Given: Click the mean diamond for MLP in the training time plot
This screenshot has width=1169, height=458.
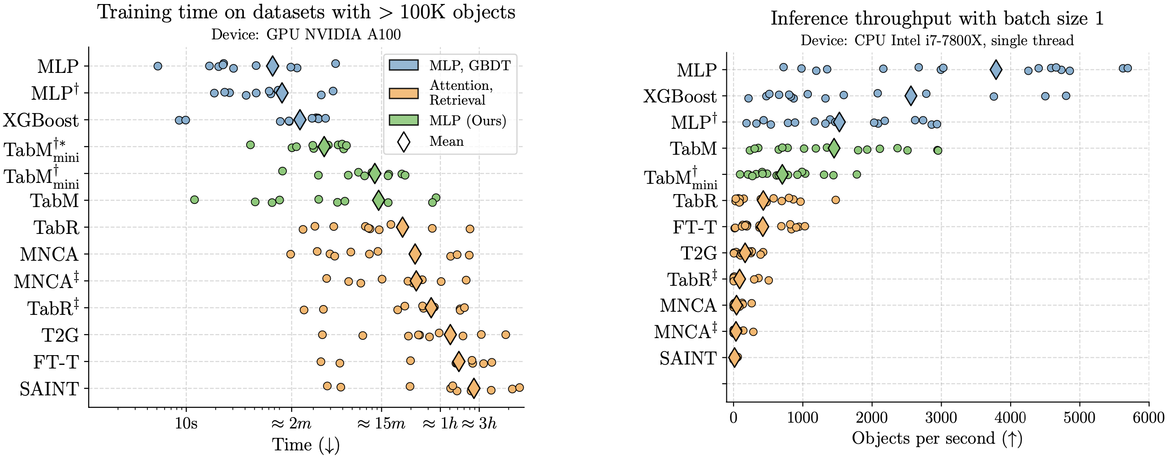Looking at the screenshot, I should pos(272,66).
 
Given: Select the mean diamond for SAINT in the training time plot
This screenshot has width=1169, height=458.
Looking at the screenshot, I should pos(474,389).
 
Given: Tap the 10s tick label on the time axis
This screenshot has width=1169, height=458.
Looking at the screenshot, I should pos(186,424).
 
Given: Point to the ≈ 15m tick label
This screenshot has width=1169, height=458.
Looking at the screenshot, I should pos(381,424).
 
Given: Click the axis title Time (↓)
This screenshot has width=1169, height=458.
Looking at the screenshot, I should pos(306,445).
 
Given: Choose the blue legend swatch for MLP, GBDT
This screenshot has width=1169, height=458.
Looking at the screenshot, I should pos(403,65).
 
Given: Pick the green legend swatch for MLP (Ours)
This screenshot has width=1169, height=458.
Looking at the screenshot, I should pos(403,120).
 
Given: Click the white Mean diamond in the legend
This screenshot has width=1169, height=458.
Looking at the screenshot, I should pos(403,141).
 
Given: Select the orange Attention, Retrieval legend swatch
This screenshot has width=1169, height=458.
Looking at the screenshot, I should pos(403,93).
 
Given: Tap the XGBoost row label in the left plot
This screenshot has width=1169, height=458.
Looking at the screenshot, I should pos(41,121).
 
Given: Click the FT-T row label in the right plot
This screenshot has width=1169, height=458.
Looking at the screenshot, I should pos(694,227).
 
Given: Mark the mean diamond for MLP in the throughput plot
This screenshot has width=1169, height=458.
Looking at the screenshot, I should pos(996,70).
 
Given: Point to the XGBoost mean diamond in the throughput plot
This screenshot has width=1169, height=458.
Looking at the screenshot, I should pos(910,96).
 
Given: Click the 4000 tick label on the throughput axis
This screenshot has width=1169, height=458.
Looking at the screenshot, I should pos(1010,417).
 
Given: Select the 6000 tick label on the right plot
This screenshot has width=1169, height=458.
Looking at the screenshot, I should pos(1148,417).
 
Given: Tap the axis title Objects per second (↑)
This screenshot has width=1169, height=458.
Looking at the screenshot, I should pos(937,438).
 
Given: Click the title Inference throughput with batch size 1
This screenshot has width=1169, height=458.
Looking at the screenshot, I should pos(937,19).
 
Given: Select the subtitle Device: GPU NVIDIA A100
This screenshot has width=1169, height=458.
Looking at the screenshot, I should pos(306,34).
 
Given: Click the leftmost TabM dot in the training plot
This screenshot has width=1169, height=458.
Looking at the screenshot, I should pos(194,199).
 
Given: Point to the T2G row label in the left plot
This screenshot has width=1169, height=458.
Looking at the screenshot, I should pos(60,335).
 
